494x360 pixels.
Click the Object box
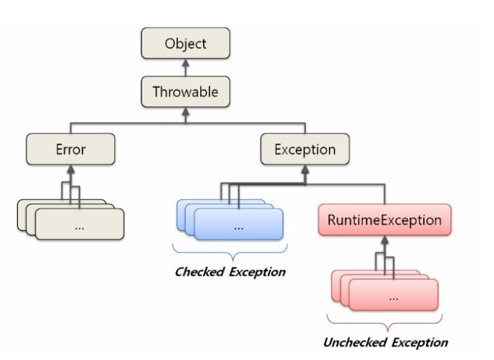(186, 43)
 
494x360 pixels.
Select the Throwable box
(186, 91)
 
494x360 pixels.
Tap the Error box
(71, 149)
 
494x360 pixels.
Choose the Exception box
(305, 149)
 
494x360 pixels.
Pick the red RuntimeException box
(385, 220)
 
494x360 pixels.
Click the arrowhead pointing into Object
(186, 63)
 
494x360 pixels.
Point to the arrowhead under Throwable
(186, 111)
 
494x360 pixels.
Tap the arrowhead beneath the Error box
(71, 169)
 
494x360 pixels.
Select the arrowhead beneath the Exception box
(305, 169)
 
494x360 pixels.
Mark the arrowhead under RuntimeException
(385, 240)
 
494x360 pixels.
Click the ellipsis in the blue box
(239, 228)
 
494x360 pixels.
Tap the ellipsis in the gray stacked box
(79, 228)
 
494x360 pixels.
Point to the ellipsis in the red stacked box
(393, 299)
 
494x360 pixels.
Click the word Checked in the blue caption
(199, 271)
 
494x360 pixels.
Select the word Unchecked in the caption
(355, 342)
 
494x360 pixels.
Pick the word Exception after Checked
(257, 272)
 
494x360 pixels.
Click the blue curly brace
(230, 251)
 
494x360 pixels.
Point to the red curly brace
(385, 322)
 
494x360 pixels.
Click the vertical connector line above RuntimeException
(385, 194)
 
